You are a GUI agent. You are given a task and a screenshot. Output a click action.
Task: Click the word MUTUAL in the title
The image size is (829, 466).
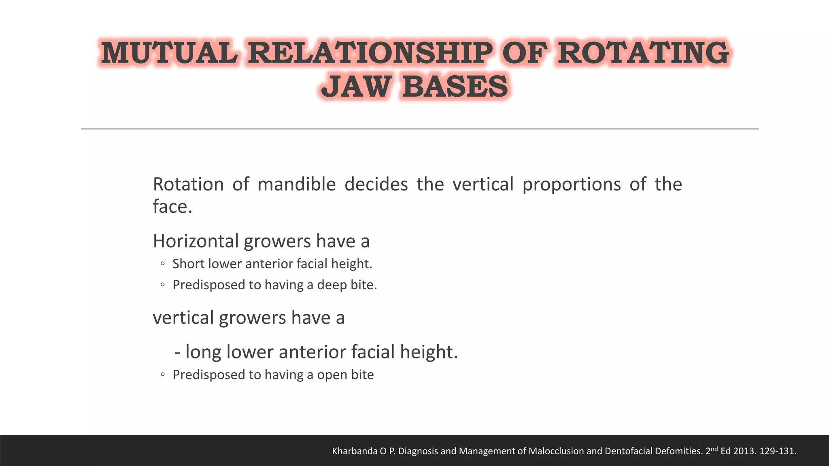169,53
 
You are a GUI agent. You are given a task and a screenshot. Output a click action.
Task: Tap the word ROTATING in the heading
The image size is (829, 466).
643,53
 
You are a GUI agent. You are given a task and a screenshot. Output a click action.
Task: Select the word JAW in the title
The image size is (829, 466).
355,87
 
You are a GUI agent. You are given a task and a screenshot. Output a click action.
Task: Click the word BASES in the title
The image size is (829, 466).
455,87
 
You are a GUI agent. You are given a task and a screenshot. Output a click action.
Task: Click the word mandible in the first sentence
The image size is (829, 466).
297,184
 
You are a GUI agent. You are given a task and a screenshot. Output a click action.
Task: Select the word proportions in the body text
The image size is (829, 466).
571,184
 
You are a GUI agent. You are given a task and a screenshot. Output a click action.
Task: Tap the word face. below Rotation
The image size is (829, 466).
172,207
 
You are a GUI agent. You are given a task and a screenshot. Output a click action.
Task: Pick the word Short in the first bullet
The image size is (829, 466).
189,264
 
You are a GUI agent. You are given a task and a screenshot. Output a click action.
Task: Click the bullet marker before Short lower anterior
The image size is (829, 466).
162,264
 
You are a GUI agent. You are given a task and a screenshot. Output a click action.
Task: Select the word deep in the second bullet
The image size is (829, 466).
332,285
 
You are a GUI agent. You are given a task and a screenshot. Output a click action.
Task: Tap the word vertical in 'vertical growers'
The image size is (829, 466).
183,318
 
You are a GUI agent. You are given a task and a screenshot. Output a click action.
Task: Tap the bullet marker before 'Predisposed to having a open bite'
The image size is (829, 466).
162,375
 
